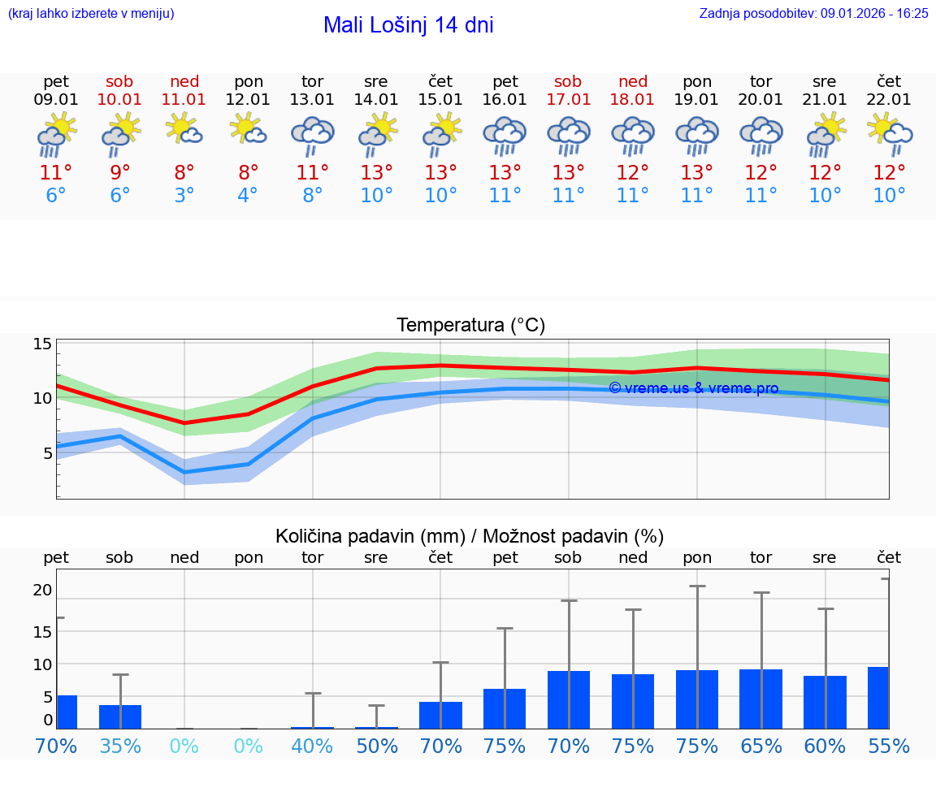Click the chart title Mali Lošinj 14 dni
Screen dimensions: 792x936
tap(408, 25)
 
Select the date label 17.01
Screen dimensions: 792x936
tap(569, 99)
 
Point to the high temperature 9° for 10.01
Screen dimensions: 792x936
tap(120, 172)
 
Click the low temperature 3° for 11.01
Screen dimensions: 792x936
tap(184, 195)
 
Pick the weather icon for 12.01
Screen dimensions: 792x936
tap(249, 129)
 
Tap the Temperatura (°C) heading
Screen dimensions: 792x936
tap(470, 325)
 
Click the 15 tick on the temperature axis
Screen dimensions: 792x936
tap(42, 344)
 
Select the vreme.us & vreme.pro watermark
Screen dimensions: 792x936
tap(693, 388)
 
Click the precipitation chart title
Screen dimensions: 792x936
tap(470, 536)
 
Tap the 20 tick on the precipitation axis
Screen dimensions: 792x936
tap(42, 590)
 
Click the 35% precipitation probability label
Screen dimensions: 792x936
tap(120, 746)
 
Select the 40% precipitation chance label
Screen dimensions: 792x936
tap(313, 746)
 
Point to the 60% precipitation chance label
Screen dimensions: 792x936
tap(825, 746)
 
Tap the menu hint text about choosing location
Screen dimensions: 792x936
tap(91, 13)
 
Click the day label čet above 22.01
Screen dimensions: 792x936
tap(889, 81)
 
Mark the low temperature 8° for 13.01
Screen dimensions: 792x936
tap(313, 195)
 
